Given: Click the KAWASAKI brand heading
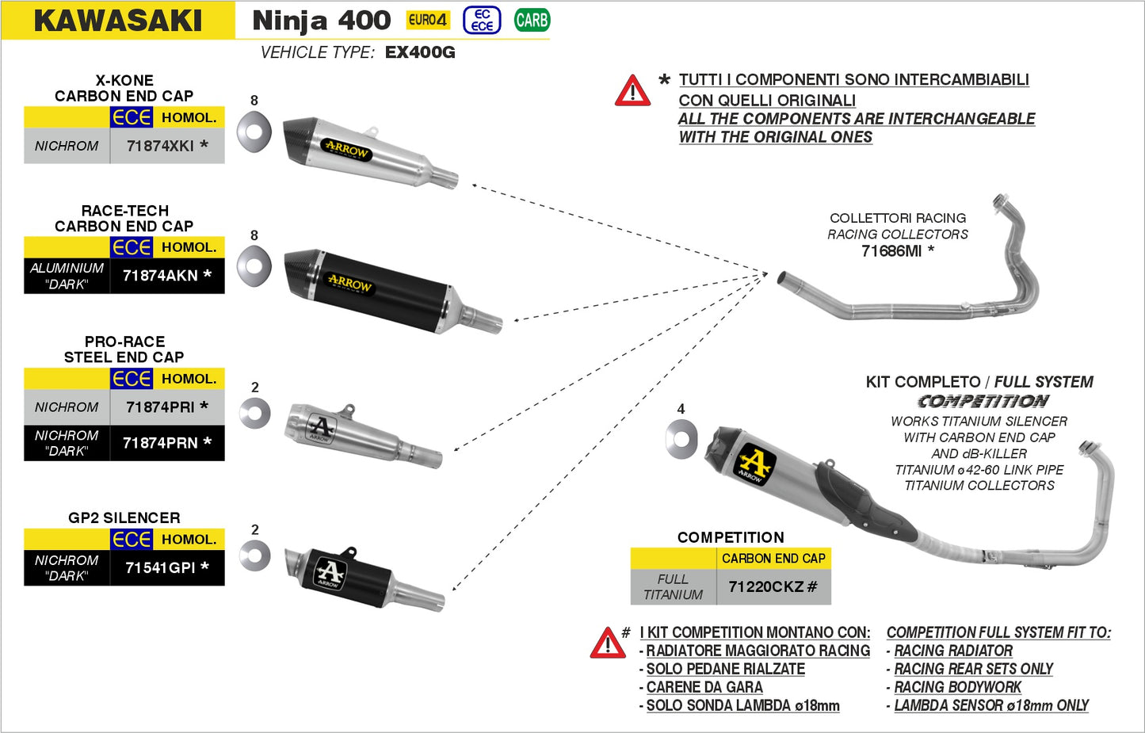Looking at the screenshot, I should pos(118,21).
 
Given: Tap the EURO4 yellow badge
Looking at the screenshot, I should pos(427,20).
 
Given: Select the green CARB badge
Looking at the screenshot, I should pos(532,20).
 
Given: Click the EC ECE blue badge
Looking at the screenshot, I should pos(482,20).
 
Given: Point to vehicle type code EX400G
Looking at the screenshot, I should pos(420,52).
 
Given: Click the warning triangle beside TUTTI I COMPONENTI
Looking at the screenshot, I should pos(632,91).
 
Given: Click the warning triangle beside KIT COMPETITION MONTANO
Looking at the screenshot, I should pos(608,643).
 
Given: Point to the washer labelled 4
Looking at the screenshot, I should pos(681,439).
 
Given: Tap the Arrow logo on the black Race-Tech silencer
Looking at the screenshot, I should pos(349,283).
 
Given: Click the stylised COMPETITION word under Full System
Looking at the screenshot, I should pos(983,402).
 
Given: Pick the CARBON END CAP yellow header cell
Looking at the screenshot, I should pos(773,559).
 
